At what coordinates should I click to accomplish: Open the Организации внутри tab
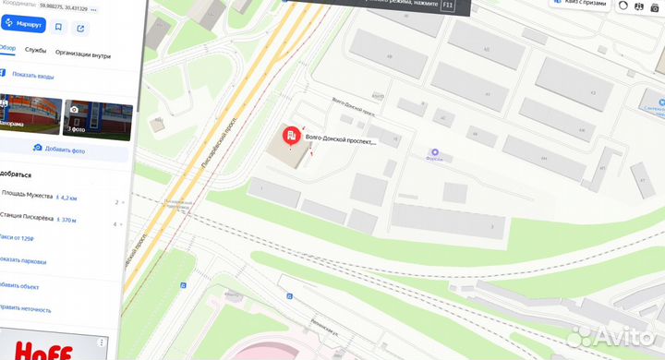click(83, 55)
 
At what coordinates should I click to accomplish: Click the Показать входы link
click(33, 76)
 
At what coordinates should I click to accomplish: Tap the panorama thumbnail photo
click(30, 116)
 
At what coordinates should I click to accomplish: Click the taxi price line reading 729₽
click(23, 238)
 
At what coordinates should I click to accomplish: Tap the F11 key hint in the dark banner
click(449, 6)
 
